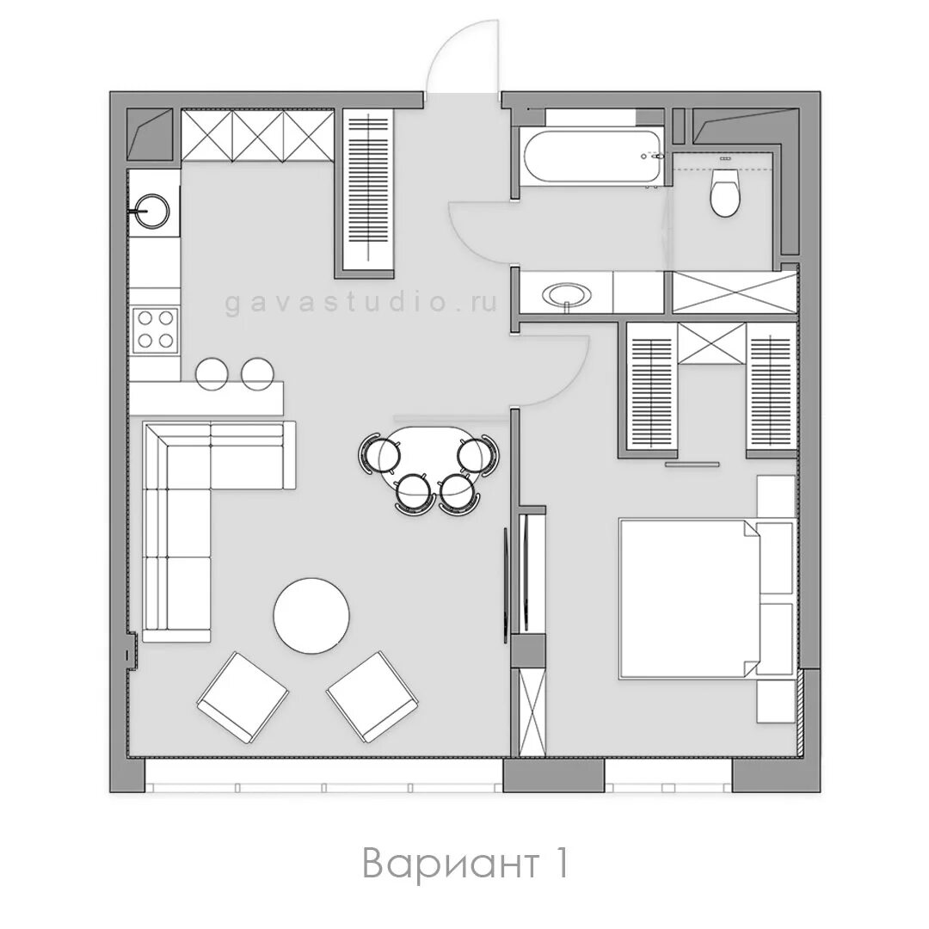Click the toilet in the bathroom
click(x=724, y=193)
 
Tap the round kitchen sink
click(x=152, y=210)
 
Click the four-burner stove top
click(x=155, y=329)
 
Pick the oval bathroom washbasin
click(x=567, y=293)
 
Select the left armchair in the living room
click(x=243, y=698)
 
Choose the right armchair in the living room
click(x=373, y=698)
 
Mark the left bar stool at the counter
click(x=212, y=373)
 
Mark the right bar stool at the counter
click(x=258, y=373)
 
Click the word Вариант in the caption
click(x=450, y=864)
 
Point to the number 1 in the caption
click(x=560, y=863)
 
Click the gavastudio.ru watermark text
click(x=360, y=303)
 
